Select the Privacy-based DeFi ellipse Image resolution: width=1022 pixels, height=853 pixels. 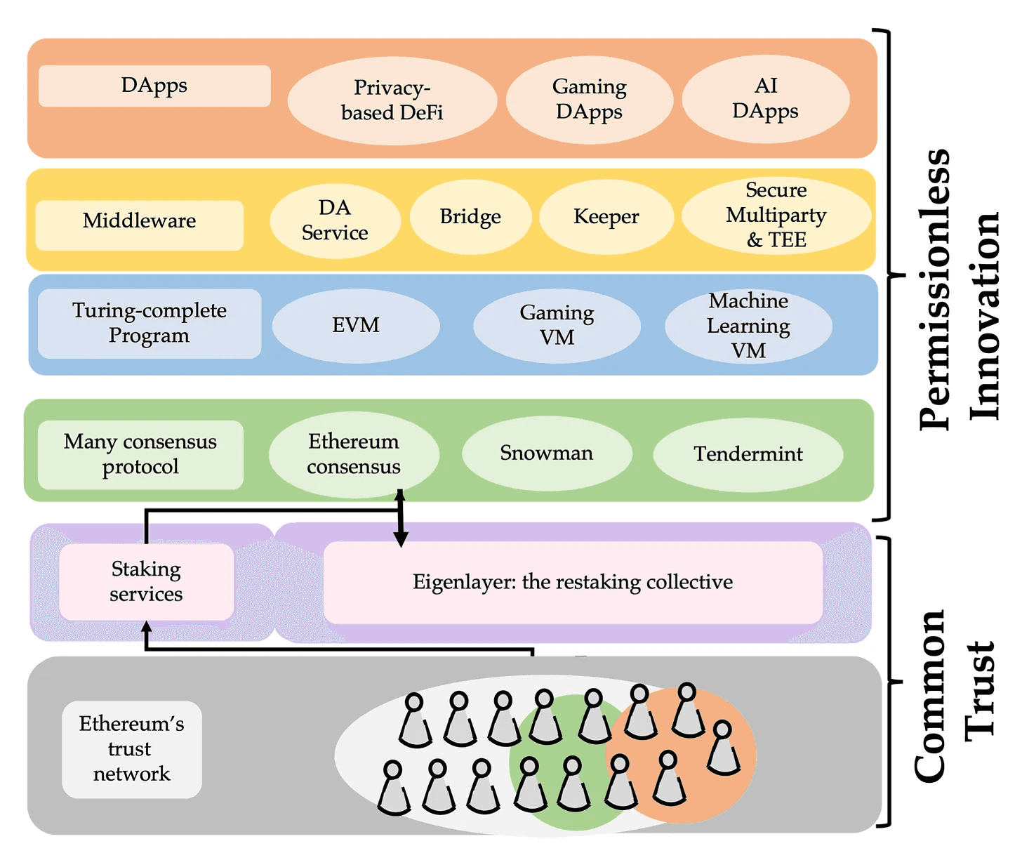point(392,100)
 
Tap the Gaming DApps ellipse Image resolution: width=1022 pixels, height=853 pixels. point(590,100)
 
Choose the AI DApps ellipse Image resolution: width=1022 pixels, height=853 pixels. point(766,98)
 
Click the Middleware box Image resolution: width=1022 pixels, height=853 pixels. point(140,225)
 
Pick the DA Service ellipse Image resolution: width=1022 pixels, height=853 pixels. point(336,220)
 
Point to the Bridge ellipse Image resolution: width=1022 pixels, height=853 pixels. point(470,217)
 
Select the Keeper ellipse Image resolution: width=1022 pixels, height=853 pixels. point(606,217)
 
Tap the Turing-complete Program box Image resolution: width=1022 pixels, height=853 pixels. point(150,323)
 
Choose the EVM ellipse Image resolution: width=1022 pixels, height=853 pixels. point(356,326)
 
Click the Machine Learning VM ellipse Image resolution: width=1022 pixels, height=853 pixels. point(748,326)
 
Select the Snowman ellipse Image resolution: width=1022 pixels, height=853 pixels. point(547,454)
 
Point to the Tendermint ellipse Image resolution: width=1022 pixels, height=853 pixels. point(748,454)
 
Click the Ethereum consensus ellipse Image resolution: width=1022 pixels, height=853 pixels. point(354,454)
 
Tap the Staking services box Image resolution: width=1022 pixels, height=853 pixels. point(146,582)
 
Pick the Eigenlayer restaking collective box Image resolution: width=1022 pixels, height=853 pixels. point(573,582)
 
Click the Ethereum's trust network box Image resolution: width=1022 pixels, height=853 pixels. point(132,749)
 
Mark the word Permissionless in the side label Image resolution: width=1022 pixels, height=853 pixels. point(934,289)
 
